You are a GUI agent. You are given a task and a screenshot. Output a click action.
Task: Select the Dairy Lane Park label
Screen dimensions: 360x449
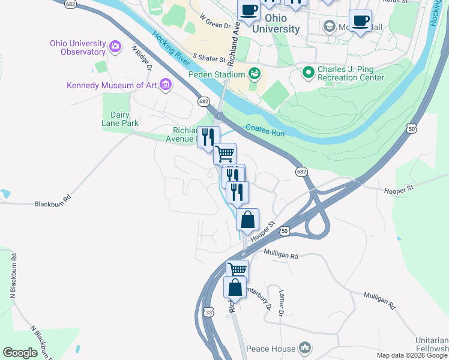pos(124,119)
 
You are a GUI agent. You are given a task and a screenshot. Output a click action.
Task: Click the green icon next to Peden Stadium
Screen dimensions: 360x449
pos(255,74)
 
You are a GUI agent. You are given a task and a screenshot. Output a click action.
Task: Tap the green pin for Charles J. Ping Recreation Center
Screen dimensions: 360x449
pos(309,73)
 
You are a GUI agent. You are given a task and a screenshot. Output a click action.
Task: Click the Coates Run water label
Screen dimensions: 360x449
pos(265,130)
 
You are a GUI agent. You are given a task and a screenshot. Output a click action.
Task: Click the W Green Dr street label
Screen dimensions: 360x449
pos(215,22)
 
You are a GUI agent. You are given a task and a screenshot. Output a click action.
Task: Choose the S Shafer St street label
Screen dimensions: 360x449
pos(208,56)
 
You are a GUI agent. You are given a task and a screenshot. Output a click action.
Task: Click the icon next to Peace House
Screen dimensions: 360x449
pos(305,348)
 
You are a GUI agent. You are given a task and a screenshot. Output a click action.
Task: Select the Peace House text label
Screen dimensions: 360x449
pos(274,349)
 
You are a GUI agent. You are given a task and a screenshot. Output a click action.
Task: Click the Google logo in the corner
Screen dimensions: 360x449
pos(20,353)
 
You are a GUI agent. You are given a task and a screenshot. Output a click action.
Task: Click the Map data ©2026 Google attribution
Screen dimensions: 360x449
pos(412,355)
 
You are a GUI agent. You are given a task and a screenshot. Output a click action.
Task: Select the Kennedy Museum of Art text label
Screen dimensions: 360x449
pos(112,85)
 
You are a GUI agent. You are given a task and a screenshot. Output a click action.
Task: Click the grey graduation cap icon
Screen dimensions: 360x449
pos(329,26)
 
